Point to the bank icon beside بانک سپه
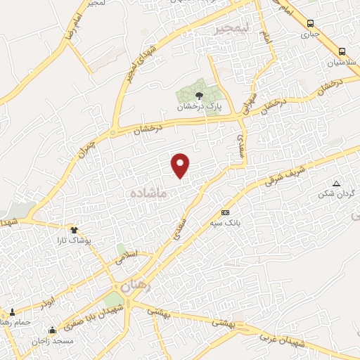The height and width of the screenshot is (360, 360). click(x=225, y=212)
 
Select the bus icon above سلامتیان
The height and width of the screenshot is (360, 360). click(x=342, y=51)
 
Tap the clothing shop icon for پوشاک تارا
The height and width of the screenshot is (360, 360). click(x=74, y=229)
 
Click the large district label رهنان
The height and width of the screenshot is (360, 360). click(x=135, y=286)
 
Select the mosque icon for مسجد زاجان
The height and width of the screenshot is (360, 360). click(x=52, y=330)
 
